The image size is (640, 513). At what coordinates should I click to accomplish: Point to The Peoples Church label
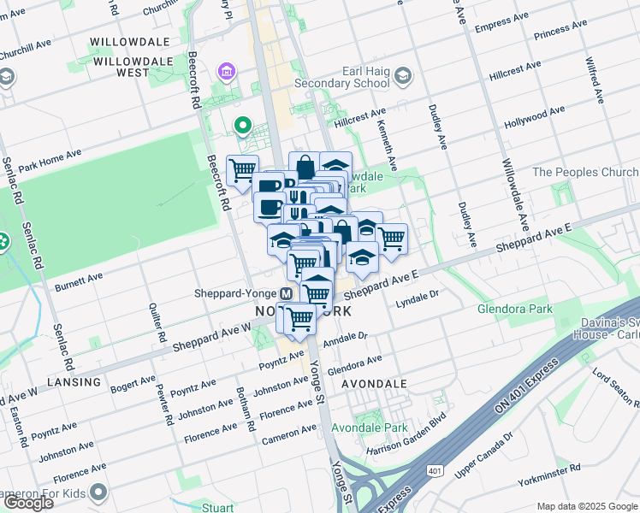pyautogui.click(x=585, y=172)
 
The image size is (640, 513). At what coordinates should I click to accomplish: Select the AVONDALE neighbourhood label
pyautogui.click(x=374, y=384)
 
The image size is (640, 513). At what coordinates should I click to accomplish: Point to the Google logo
pyautogui.click(x=28, y=503)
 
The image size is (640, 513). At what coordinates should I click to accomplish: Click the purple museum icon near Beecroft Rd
pyautogui.click(x=226, y=69)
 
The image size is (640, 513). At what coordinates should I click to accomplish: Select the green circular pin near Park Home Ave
pyautogui.click(x=243, y=129)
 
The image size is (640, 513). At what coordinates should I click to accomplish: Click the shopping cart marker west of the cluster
pyautogui.click(x=243, y=169)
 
